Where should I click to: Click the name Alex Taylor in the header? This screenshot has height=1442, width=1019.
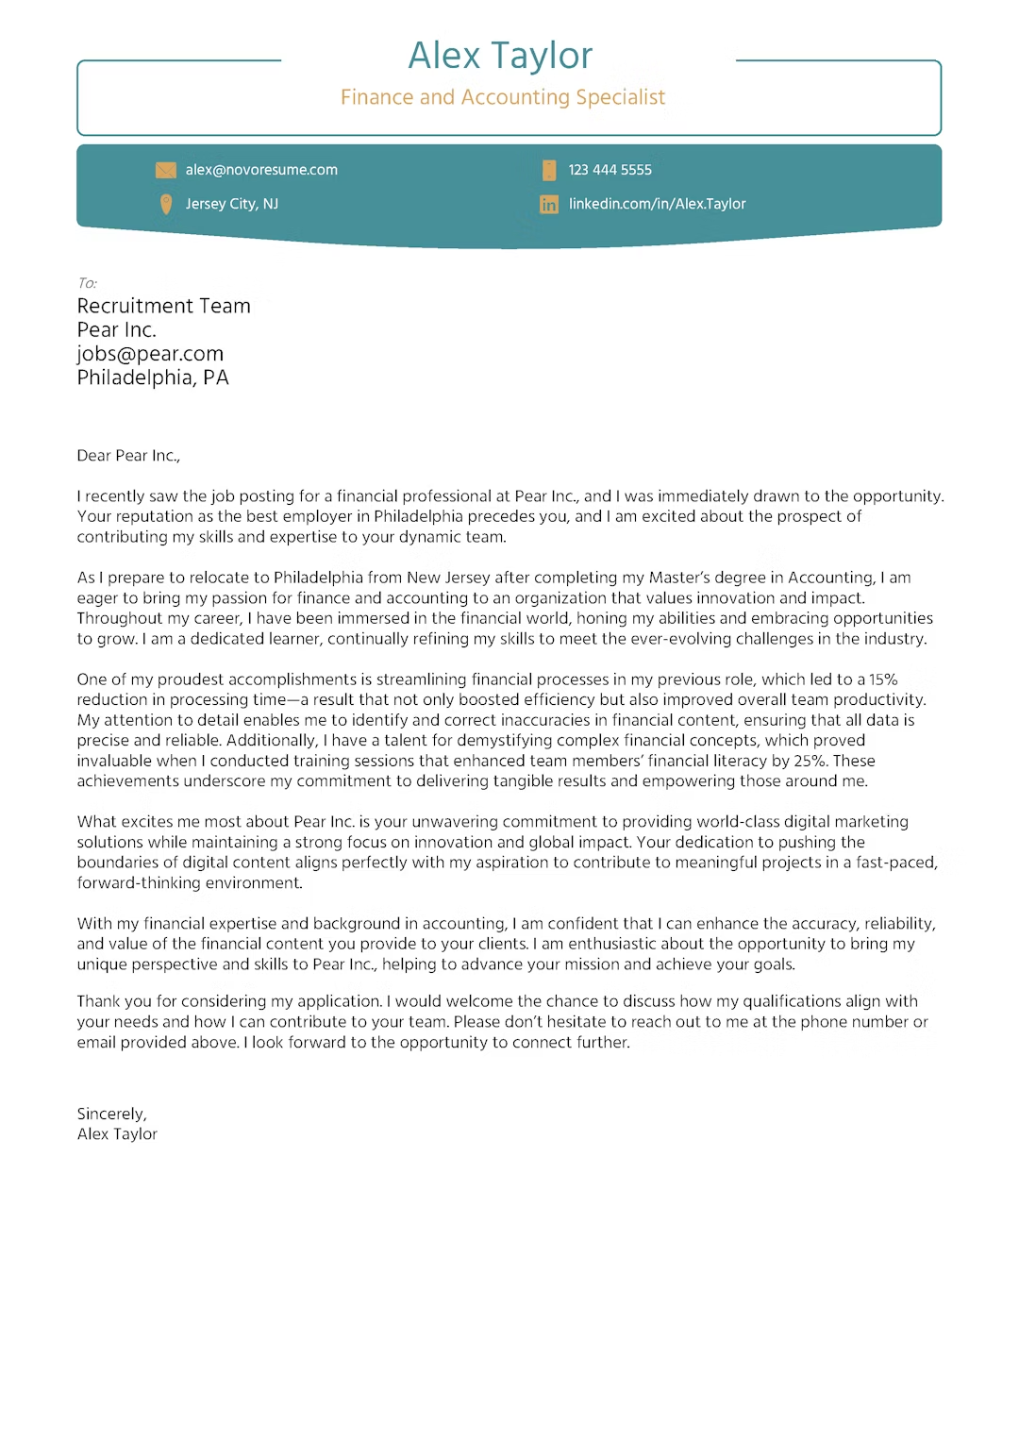click(500, 56)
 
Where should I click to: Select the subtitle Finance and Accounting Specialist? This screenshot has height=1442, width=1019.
click(502, 97)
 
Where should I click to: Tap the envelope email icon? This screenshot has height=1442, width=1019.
click(166, 170)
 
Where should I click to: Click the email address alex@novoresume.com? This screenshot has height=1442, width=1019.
click(261, 170)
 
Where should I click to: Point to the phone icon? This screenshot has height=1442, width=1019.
click(549, 170)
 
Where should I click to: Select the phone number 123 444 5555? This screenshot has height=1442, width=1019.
click(610, 170)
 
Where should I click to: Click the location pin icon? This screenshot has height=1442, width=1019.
click(166, 204)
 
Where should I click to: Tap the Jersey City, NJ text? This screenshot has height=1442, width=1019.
click(231, 204)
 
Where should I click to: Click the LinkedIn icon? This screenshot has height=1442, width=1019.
click(549, 204)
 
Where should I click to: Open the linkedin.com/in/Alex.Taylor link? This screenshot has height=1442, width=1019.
click(657, 204)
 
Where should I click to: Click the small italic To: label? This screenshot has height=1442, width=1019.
click(87, 283)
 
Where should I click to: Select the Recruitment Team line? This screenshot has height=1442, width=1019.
click(163, 306)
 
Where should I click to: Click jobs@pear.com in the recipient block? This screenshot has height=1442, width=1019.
click(150, 354)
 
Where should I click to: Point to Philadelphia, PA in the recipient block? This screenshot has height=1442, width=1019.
click(153, 377)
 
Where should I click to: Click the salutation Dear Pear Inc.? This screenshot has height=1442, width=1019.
click(128, 456)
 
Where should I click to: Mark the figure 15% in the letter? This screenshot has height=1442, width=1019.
click(883, 679)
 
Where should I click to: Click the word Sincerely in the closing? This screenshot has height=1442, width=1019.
click(111, 1114)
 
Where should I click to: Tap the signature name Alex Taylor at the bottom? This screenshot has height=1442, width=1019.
click(117, 1134)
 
